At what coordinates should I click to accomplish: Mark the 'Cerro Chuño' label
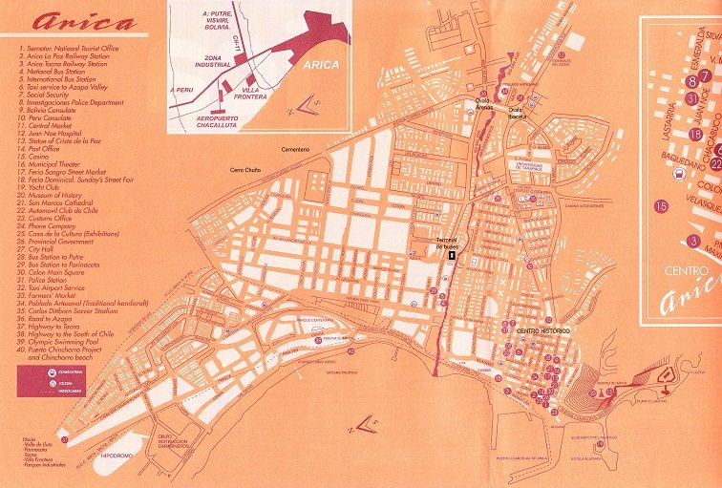247,170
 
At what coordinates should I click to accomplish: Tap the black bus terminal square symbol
452,254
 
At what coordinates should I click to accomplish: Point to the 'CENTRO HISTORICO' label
543,330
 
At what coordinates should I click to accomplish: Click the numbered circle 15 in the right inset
661,204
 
